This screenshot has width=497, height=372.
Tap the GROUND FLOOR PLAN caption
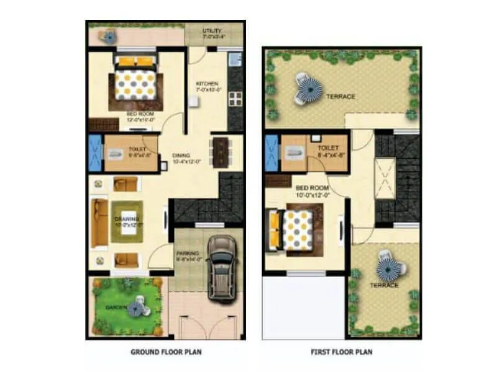click(166, 352)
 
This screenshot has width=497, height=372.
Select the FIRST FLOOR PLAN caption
click(342, 352)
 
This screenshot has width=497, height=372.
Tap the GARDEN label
click(116, 308)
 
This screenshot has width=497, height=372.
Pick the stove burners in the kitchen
click(236, 99)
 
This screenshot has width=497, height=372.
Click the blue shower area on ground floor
click(95, 153)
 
